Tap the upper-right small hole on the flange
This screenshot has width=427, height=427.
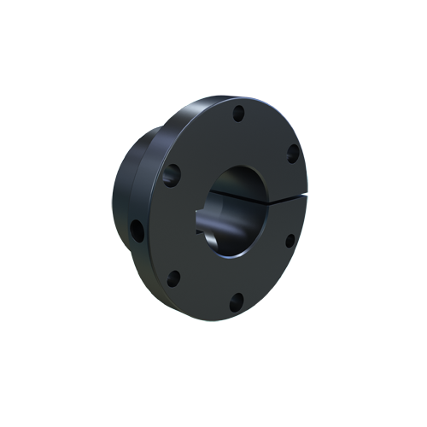coord(291,155)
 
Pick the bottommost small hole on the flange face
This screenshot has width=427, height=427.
coord(237,300)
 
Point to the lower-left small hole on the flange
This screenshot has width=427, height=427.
coord(174,278)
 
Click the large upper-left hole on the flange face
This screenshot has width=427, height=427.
coord(173,175)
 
